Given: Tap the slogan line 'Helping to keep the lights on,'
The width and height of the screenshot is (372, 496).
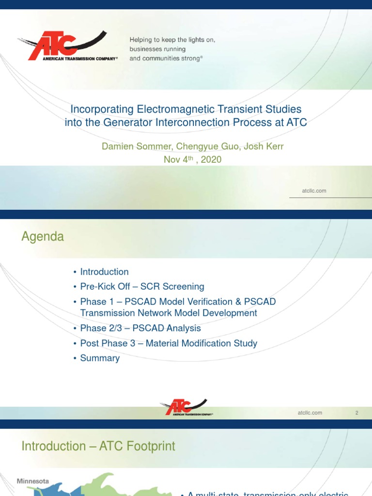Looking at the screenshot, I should [x=172, y=40].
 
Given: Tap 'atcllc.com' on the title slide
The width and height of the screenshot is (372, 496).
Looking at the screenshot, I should [x=314, y=191].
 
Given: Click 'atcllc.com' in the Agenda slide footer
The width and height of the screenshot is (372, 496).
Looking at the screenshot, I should [x=310, y=413].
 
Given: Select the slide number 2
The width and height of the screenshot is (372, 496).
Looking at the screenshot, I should [x=356, y=413].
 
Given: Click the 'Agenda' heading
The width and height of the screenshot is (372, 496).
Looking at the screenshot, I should [x=43, y=237].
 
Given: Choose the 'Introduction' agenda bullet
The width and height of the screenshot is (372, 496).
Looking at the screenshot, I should [x=104, y=272].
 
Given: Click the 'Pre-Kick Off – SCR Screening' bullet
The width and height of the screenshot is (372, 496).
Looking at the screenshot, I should [x=142, y=286].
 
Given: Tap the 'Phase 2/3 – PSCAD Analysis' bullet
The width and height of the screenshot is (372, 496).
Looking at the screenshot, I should [x=140, y=328].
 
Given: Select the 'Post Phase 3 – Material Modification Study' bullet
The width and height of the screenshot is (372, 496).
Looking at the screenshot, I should [x=169, y=343].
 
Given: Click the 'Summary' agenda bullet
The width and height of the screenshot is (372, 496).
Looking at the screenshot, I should [x=100, y=358].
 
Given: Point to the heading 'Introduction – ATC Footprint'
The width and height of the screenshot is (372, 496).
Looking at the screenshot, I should [x=98, y=446].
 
